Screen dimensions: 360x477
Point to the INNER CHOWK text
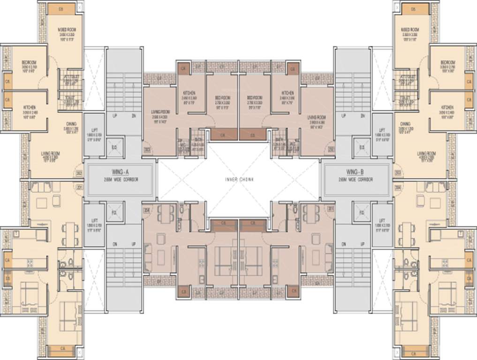(x=238, y=180)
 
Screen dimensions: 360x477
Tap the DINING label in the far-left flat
(x=71, y=124)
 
